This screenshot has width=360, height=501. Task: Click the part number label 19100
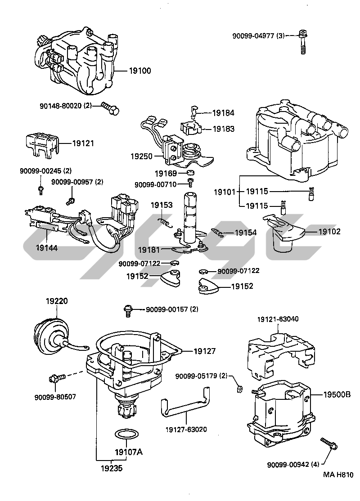tap(140, 71)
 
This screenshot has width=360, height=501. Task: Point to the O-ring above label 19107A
tap(126, 434)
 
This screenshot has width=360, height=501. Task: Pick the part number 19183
tap(223, 129)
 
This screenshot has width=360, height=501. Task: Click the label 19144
tap(47, 247)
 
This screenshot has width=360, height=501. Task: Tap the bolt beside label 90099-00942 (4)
tap(329, 444)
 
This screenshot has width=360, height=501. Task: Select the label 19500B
tap(337, 394)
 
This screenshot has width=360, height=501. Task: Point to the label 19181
tap(148, 250)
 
